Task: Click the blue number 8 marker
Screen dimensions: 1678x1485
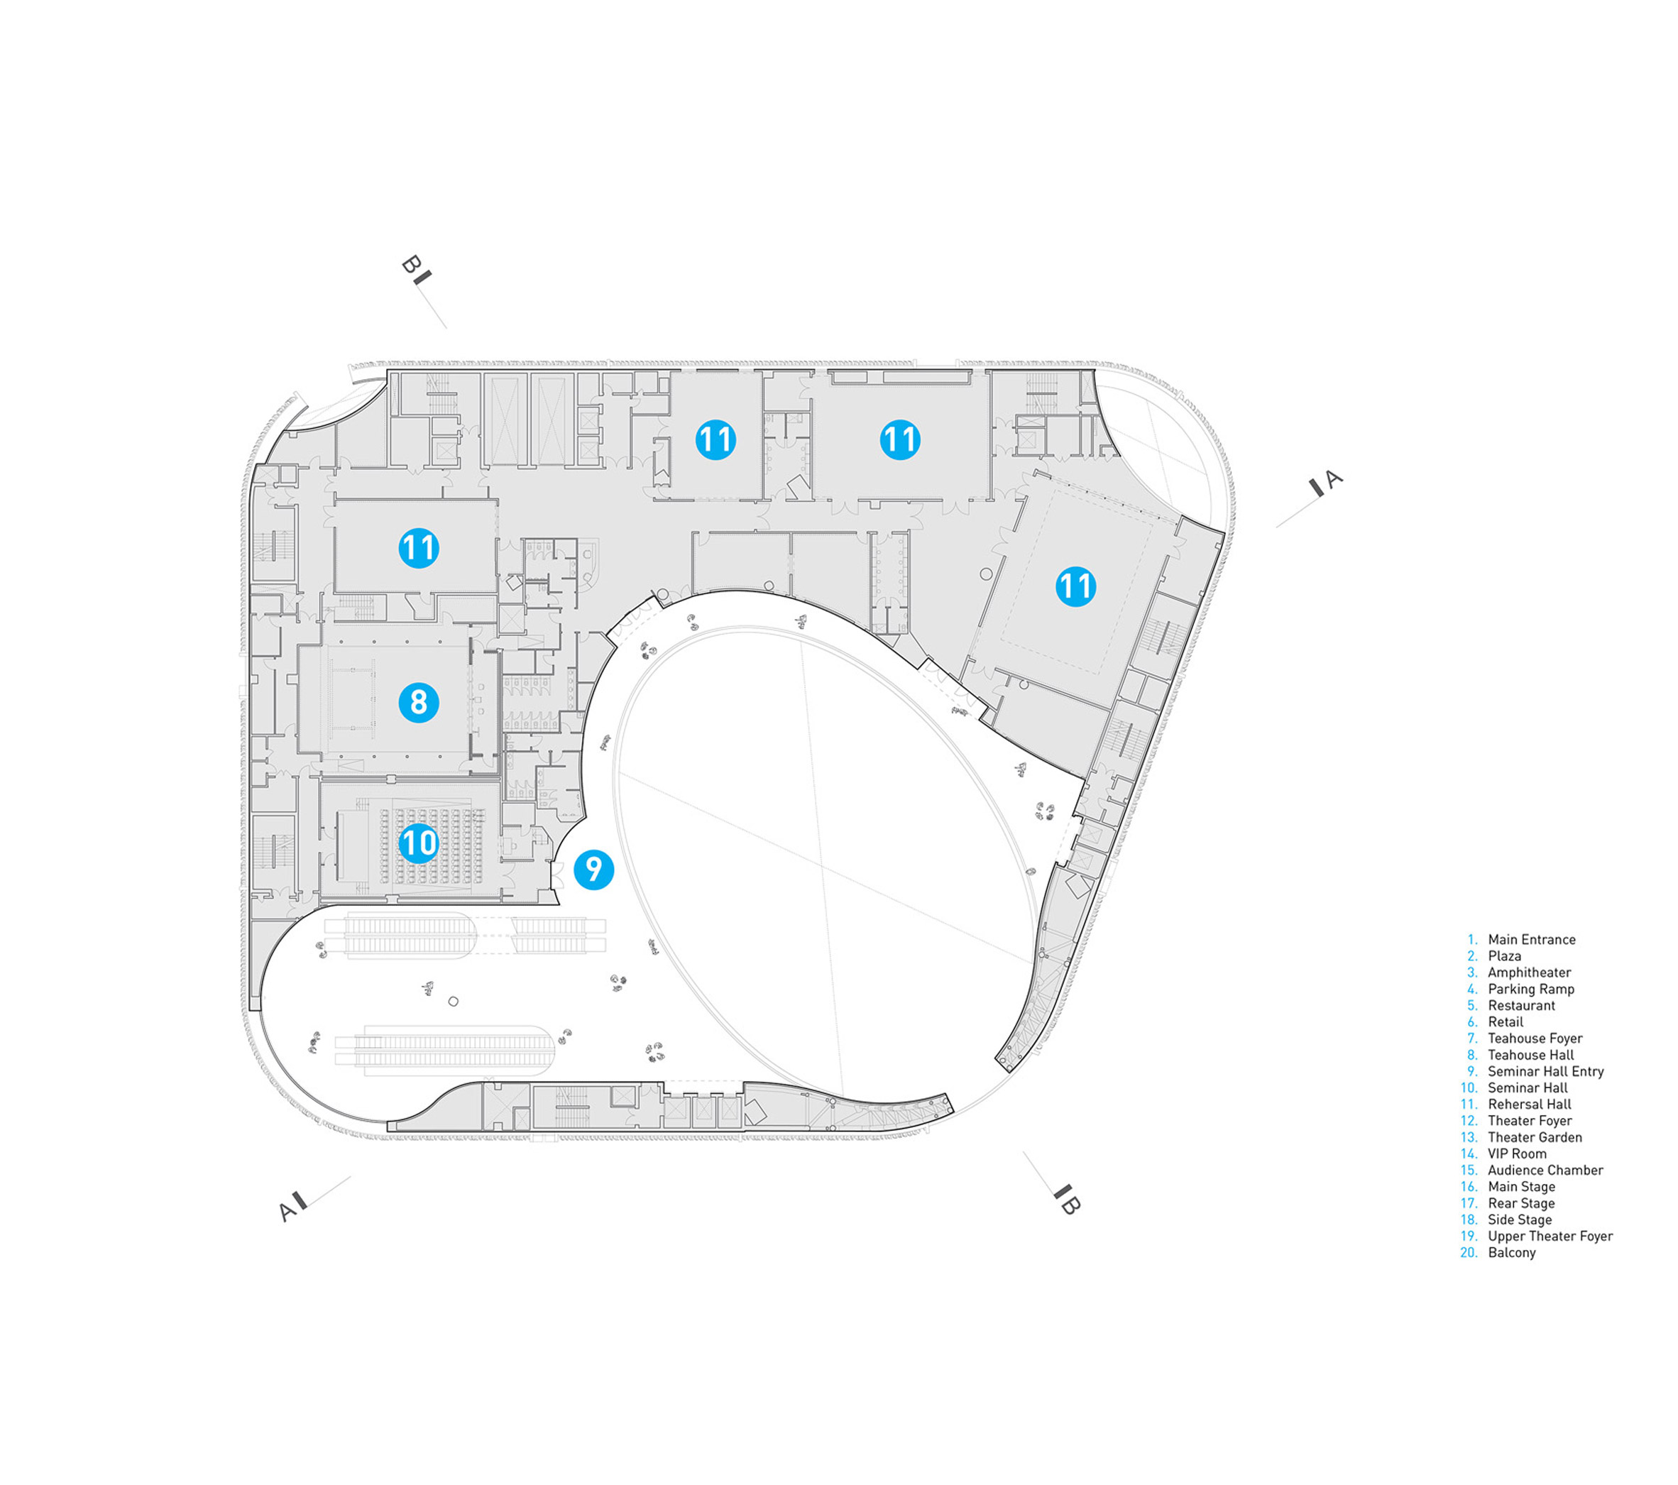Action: (419, 703)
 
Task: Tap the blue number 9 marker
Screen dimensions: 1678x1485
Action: (593, 870)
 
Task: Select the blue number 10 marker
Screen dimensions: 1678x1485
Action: (419, 843)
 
